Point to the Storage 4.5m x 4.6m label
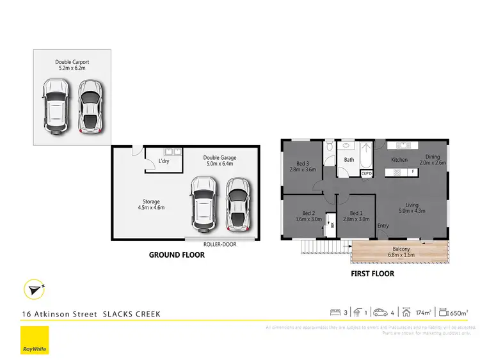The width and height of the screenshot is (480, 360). (x=151, y=205)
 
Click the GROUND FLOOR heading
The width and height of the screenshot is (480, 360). (x=177, y=255)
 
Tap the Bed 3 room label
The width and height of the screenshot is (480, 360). (x=303, y=166)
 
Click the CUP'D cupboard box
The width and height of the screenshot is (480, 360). (x=367, y=173)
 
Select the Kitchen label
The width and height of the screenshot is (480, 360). (x=399, y=160)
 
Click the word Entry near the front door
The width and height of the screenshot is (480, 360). (x=383, y=226)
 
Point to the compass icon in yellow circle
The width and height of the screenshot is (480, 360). (x=33, y=290)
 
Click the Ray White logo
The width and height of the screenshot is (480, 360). (x=34, y=341)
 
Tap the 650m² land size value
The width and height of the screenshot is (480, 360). (x=459, y=313)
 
